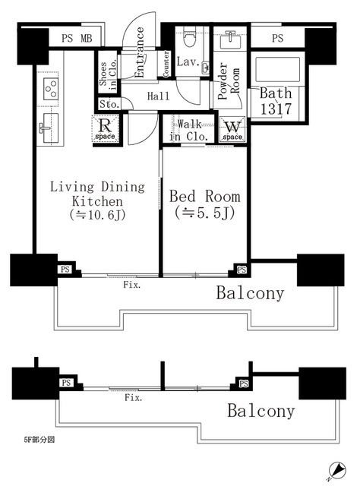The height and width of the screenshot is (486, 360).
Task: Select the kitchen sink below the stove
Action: (49, 128)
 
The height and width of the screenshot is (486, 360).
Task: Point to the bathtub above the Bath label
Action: (277, 69)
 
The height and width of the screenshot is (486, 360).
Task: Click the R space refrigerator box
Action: (106, 128)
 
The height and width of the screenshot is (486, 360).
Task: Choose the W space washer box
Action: (232, 129)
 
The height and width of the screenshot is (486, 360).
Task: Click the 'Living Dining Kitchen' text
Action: (98, 194)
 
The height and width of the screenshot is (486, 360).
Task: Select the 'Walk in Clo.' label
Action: (189, 130)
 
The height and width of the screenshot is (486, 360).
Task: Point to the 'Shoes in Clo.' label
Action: (108, 74)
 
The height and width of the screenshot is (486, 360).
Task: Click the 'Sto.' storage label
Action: (109, 104)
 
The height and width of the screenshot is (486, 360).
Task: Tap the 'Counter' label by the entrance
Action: (166, 64)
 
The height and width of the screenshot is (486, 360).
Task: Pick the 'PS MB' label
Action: (77, 38)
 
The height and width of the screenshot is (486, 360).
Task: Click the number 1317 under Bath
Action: (276, 109)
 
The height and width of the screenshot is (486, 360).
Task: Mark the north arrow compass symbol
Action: (336, 473)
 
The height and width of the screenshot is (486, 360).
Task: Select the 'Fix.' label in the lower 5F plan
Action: (134, 398)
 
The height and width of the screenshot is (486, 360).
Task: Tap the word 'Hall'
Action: (158, 96)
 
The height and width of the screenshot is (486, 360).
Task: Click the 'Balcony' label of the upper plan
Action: (250, 293)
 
